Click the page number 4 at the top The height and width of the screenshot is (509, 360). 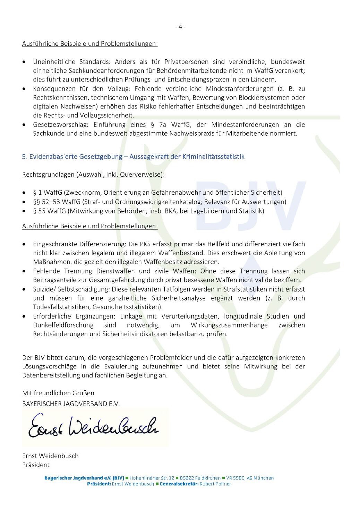(x=180, y=27)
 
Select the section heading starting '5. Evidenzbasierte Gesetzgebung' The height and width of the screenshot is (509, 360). (x=133, y=156)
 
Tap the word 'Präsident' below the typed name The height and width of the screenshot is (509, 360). (x=36, y=465)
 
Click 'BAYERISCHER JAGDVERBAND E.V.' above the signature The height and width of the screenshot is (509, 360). (x=71, y=404)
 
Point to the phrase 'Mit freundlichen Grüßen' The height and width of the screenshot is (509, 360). (x=58, y=393)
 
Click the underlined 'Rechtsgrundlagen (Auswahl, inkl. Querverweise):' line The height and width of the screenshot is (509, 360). (x=93, y=175)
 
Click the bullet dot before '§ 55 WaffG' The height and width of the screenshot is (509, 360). (x=24, y=211)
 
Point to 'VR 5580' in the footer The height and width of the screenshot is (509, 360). (x=235, y=478)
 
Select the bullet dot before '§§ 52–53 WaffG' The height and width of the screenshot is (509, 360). (x=24, y=202)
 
